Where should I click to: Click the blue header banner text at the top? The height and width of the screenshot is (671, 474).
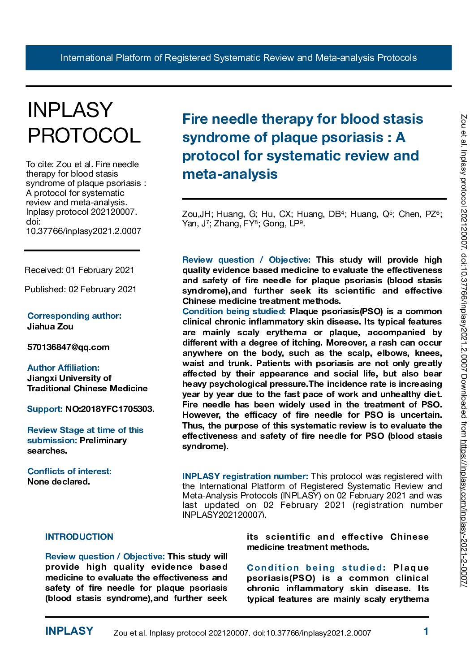coord(238,58)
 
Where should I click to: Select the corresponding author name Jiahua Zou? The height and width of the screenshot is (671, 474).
coord(50,326)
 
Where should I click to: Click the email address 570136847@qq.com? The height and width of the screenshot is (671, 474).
coord(68,347)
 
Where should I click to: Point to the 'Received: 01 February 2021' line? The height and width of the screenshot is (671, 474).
coord(79,270)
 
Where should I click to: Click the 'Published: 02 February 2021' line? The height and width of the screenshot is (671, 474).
coord(81,289)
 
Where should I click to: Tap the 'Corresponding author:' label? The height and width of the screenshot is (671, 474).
coord(74,316)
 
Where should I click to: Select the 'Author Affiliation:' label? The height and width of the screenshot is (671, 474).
coord(63,368)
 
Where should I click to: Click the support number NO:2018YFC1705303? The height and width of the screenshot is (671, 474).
coord(110,409)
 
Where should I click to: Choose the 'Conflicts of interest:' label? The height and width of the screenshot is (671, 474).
coord(69,471)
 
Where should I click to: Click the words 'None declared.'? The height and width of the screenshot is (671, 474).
coord(58,481)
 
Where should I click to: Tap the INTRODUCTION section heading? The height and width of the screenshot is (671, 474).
coord(79,537)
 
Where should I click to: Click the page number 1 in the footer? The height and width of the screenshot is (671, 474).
coord(426,631)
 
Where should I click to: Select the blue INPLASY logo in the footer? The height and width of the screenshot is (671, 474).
coord(69,631)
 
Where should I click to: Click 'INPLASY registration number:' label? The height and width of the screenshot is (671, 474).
coord(245,476)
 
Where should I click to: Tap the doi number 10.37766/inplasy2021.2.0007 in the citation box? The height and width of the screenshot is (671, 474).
coord(83,231)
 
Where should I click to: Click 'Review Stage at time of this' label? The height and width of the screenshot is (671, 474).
coord(85,430)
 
